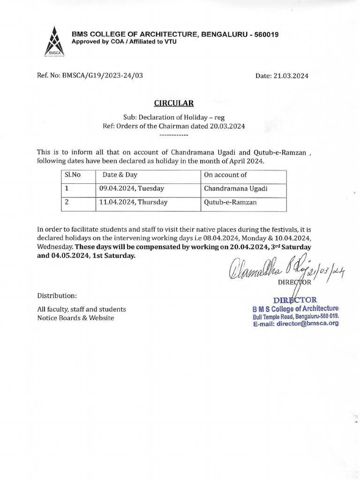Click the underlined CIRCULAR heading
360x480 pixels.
tap(174, 103)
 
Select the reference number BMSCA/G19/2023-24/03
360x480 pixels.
tap(103, 75)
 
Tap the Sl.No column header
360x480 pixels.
tap(72, 175)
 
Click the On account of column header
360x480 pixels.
tap(225, 175)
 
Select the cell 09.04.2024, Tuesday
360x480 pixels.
tap(131, 188)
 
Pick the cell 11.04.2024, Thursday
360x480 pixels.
tap(133, 202)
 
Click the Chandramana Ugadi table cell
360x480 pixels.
tap(235, 188)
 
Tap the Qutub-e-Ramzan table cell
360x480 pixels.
tap(230, 202)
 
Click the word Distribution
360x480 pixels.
tap(57, 296)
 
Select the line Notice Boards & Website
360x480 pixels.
tap(75, 318)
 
